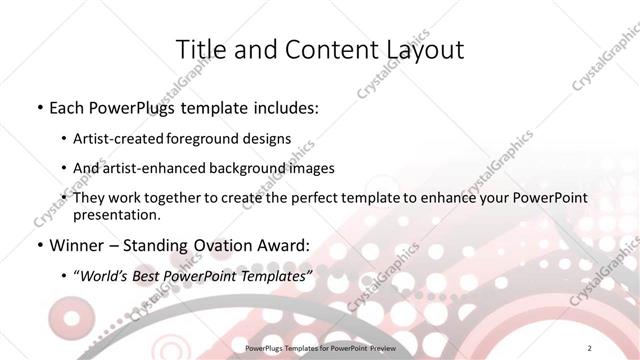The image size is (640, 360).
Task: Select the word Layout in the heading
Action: point(423,50)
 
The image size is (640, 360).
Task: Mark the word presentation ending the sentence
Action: point(115,215)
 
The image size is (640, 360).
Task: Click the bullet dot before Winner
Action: point(38,245)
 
